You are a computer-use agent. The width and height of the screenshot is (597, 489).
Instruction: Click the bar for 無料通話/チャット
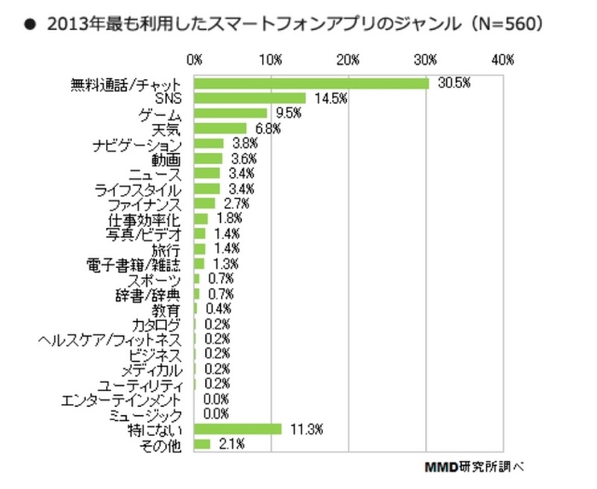point(311,84)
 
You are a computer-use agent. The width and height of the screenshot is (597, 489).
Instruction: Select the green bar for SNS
point(250,99)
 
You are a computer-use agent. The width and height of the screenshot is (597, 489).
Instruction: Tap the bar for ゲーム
point(231,113)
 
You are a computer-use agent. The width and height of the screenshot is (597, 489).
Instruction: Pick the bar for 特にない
point(237,429)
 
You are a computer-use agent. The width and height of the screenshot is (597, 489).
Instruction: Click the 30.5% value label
point(454,83)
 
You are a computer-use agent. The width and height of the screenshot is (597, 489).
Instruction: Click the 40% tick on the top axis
point(502,59)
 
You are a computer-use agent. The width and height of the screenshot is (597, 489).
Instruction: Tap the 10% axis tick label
point(272,59)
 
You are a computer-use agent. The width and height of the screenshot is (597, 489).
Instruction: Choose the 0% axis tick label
point(195,59)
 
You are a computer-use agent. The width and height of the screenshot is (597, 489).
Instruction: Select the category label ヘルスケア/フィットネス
point(111,340)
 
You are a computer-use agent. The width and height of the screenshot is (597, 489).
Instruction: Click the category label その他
point(161,445)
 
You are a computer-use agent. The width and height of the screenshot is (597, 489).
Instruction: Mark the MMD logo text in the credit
point(442,467)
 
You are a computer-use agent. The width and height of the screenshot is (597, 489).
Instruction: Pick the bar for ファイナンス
point(204,204)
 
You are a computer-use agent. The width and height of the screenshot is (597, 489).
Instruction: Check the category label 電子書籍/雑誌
point(134,264)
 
